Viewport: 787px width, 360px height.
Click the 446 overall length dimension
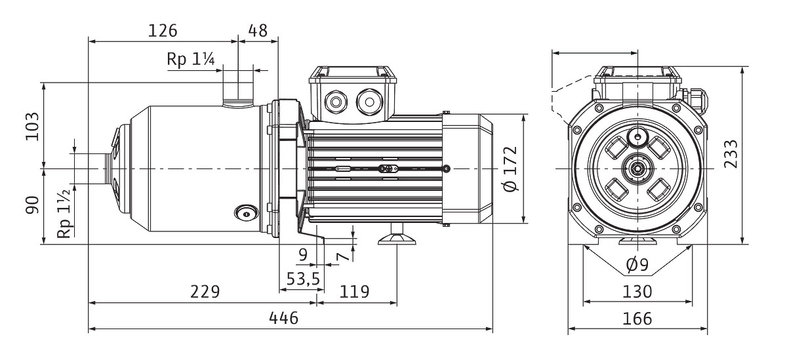pyautogui.click(x=284, y=318)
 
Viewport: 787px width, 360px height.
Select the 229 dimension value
pyautogui.click(x=205, y=292)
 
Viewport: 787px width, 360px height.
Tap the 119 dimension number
pyautogui.click(x=355, y=292)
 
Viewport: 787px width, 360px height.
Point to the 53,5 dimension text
pyautogui.click(x=303, y=279)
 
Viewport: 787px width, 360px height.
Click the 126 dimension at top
pyautogui.click(x=163, y=31)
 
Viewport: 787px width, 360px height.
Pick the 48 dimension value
pyautogui.click(x=258, y=31)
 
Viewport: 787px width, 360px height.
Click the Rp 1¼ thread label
pyautogui.click(x=190, y=59)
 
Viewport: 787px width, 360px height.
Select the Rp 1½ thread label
pyautogui.click(x=66, y=213)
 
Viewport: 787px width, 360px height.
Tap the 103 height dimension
pyautogui.click(x=33, y=127)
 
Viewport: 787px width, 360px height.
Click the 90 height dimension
pyautogui.click(x=33, y=205)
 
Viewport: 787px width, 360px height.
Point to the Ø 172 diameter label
pyautogui.click(x=511, y=169)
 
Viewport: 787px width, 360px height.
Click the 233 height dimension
pyautogui.click(x=731, y=154)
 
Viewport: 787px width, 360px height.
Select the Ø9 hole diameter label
pyautogui.click(x=637, y=265)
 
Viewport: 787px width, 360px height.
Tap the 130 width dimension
pyautogui.click(x=637, y=292)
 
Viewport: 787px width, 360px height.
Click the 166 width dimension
pyautogui.click(x=637, y=319)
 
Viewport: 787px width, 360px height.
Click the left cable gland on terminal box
pyautogui.click(x=336, y=102)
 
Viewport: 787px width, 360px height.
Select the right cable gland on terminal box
pyautogui.click(x=369, y=102)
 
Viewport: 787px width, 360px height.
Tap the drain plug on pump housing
pyautogui.click(x=247, y=214)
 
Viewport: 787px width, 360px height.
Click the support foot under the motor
pyautogui.click(x=397, y=238)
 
